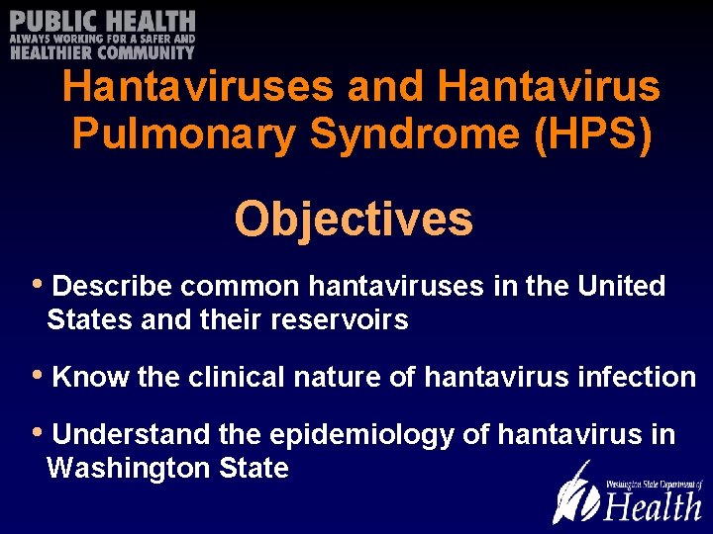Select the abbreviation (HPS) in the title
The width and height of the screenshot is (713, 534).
point(593,133)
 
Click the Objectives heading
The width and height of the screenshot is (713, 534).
point(354,219)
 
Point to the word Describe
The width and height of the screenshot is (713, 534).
point(112,287)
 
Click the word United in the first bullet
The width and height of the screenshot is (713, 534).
point(621,287)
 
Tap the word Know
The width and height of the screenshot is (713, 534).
point(87,377)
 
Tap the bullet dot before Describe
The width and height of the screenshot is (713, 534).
point(38,285)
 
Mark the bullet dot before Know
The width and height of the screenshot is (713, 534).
point(38,375)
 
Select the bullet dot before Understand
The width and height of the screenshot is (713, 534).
point(38,432)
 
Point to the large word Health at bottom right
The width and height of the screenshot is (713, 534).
point(653,505)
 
